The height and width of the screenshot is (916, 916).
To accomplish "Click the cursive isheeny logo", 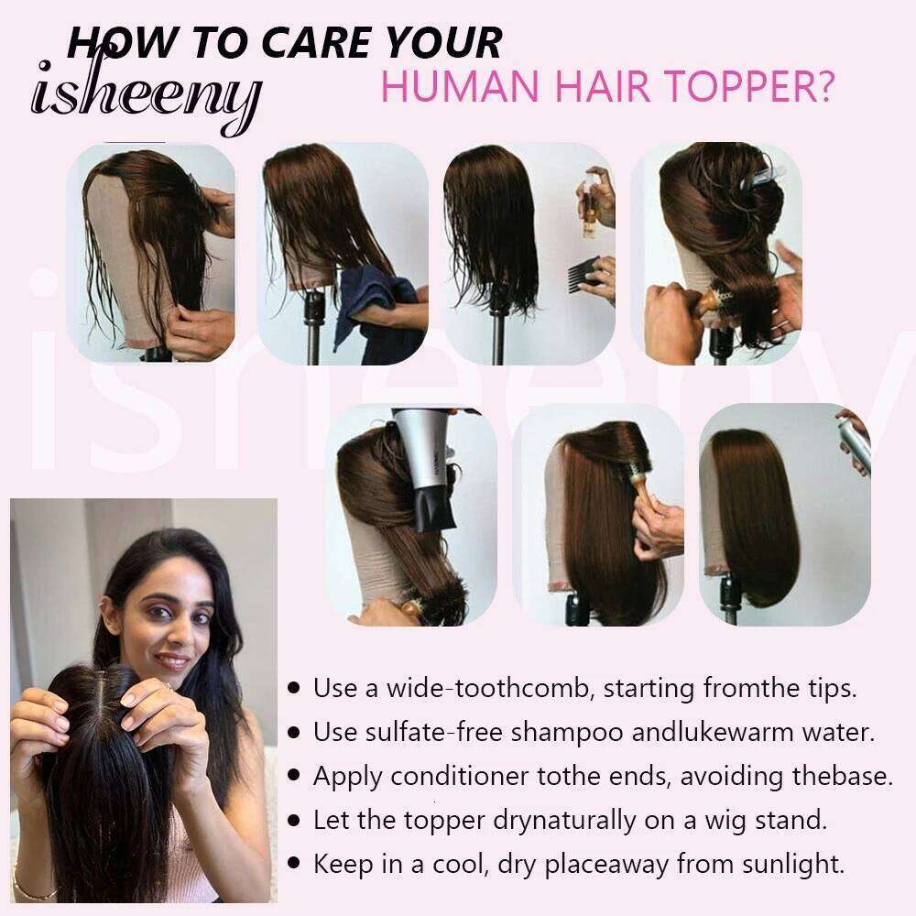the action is pyautogui.click(x=146, y=93).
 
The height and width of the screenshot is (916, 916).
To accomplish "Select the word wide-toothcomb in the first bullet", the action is pyautogui.click(x=491, y=688).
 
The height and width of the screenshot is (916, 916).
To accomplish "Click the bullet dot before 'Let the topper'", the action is pyautogui.click(x=294, y=820).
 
